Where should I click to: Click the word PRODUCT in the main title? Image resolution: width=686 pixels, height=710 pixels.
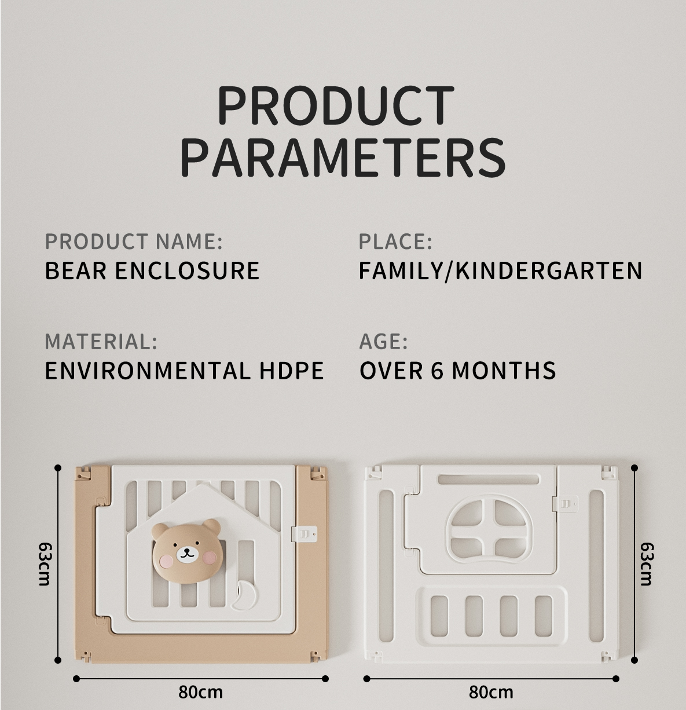(336, 106)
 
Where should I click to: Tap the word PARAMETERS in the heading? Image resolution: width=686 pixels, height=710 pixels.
(343, 157)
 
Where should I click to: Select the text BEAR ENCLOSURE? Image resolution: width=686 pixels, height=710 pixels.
(152, 270)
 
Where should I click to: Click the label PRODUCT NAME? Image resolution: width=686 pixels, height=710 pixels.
(134, 241)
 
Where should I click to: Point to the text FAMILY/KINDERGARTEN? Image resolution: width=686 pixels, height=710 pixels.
(500, 271)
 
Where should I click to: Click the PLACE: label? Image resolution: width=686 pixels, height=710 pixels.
(395, 241)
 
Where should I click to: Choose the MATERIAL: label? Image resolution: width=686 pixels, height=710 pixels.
(101, 341)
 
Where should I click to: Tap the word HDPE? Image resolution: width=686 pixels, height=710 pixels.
(292, 371)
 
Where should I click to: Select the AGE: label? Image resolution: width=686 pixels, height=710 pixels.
(383, 342)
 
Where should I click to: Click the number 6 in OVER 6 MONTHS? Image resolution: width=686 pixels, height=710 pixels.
(437, 371)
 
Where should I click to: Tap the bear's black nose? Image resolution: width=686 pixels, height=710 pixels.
(187, 550)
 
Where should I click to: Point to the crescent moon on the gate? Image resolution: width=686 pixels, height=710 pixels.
(241, 595)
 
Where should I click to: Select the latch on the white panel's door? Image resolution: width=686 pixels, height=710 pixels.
(564, 504)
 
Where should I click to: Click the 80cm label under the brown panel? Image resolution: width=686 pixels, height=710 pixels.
(200, 691)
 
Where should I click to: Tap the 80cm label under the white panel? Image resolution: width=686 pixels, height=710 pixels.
(491, 691)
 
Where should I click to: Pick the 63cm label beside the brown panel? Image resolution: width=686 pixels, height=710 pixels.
(45, 564)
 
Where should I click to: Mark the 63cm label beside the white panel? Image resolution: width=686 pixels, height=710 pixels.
(647, 564)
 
